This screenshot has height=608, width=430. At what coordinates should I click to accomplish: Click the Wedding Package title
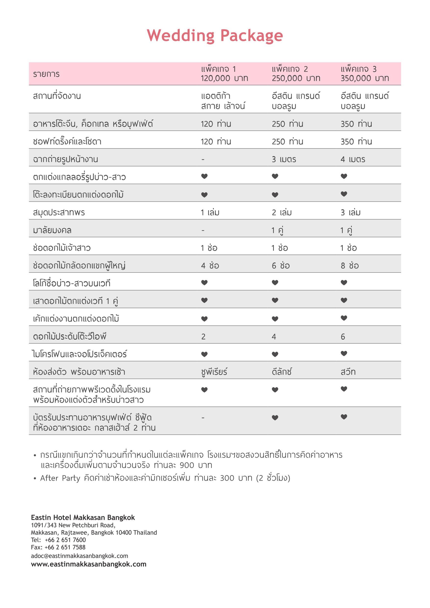point(215,36)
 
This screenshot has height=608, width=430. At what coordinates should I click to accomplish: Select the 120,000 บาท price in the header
point(224,78)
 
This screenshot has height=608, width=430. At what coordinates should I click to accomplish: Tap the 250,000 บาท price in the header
point(296,78)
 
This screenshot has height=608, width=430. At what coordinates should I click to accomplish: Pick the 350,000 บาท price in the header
point(365,78)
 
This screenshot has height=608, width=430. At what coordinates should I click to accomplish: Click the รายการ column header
point(46,74)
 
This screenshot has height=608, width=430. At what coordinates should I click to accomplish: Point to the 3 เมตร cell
point(284,160)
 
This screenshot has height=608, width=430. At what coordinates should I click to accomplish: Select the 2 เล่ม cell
point(281,213)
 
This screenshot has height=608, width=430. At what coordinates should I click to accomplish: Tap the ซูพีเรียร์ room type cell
point(214,372)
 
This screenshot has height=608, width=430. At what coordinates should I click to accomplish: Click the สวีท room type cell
point(348,372)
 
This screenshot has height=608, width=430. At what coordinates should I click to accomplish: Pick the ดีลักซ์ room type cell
point(281,372)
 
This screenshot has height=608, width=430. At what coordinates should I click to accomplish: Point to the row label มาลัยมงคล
point(52,230)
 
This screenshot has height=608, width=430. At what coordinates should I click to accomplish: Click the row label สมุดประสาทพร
point(59,213)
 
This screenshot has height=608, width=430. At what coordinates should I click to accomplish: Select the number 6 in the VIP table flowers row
point(343,337)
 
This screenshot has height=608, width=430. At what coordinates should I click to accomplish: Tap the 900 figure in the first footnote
point(187,465)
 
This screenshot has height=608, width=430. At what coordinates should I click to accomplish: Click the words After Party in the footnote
point(60,478)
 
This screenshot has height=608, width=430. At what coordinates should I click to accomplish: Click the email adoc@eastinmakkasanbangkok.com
point(79,556)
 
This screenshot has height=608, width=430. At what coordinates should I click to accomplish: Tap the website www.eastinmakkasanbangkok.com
point(89,564)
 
